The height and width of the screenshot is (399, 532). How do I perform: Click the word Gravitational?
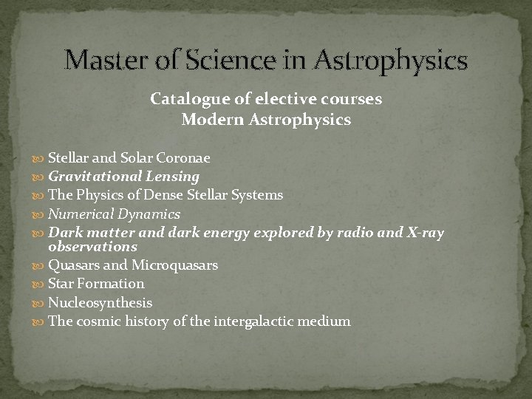(x=95, y=177)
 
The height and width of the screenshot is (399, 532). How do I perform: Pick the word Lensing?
(x=173, y=177)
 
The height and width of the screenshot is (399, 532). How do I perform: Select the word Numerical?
(x=78, y=214)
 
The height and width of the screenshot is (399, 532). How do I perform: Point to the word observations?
(x=92, y=247)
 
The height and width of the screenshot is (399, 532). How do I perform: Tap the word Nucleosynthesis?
(x=100, y=303)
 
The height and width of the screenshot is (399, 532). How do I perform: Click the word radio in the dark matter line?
(x=357, y=233)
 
